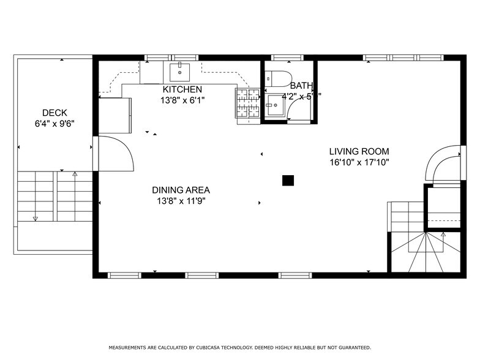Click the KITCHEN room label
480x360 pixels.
pyautogui.click(x=182, y=89)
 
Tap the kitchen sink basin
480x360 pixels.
pyautogui.click(x=180, y=72)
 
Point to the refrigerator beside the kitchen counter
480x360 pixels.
pyautogui.click(x=116, y=114)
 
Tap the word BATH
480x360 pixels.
pyautogui.click(x=301, y=86)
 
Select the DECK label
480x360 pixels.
pyautogui.click(x=54, y=113)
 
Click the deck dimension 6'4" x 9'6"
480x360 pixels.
pyautogui.click(x=54, y=123)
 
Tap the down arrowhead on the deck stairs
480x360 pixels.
pyautogui.click(x=35, y=218)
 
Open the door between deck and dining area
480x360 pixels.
pyautogui.click(x=116, y=154)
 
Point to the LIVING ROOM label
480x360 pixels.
pyautogui.click(x=359, y=152)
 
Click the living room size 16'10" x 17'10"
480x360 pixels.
pyautogui.click(x=359, y=162)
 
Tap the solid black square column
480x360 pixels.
pyautogui.click(x=287, y=180)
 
